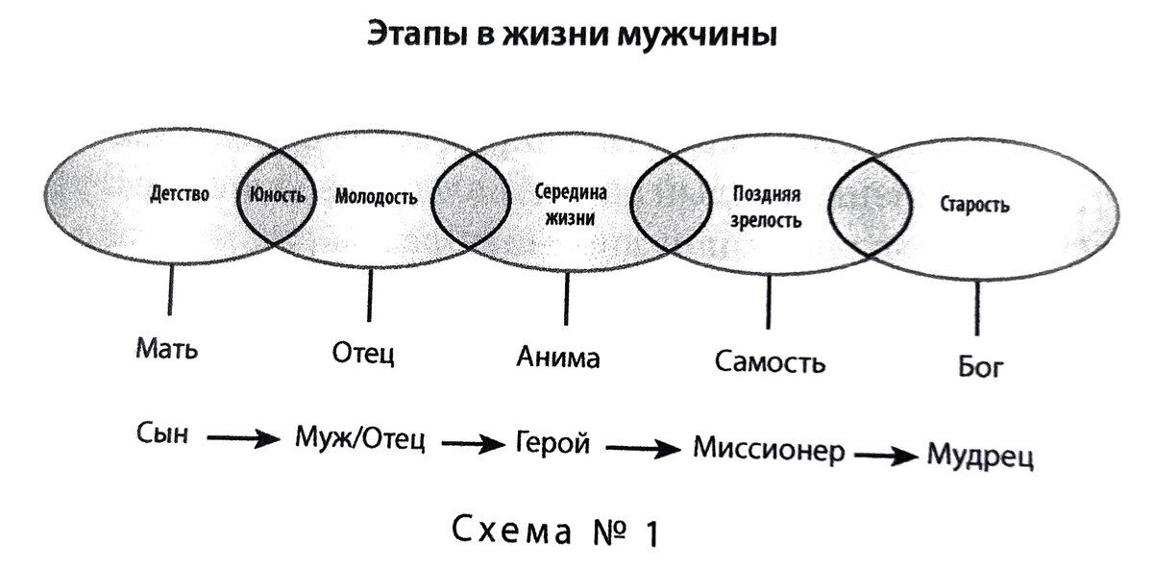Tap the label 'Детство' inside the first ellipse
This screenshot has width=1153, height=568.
click(180, 194)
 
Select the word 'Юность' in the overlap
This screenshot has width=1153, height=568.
click(277, 195)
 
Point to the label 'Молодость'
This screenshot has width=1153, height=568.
click(377, 198)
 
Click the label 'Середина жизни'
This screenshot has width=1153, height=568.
click(571, 204)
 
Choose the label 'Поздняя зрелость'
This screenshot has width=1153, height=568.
click(766, 207)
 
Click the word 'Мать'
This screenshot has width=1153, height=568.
click(166, 347)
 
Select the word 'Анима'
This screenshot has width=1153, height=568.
click(557, 358)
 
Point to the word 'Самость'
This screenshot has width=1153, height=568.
click(770, 363)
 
